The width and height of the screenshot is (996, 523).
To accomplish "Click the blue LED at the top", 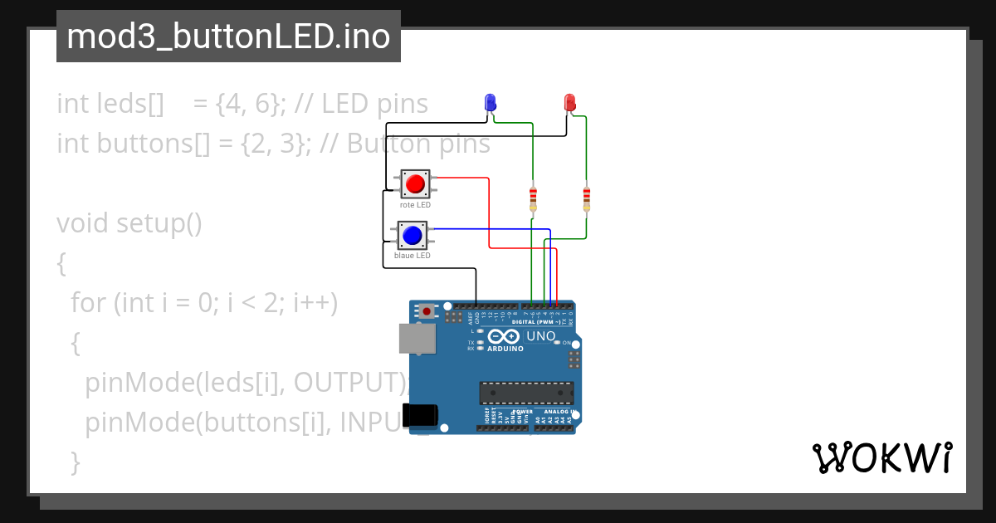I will point(490,103).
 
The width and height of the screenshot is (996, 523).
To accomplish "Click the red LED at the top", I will point(570,103).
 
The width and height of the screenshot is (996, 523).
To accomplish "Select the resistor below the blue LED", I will point(533,198).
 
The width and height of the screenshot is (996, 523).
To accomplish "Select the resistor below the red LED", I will point(587,198).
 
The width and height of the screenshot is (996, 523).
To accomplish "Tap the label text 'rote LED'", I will point(415,204).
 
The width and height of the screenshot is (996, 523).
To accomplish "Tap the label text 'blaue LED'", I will point(413,256).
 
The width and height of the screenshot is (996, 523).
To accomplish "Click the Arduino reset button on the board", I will point(427,311).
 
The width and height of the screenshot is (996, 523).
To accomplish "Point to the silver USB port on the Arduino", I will point(417,339).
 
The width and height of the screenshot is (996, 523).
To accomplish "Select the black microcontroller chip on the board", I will point(526,393).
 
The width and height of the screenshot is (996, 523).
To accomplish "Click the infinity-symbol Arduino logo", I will point(504,336).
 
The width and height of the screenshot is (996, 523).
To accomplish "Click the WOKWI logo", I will point(881,458).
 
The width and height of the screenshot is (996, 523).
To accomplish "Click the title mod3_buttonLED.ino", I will point(228,37).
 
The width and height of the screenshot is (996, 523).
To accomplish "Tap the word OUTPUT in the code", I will point(348,383).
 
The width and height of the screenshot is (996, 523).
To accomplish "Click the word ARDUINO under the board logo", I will point(505,349).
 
